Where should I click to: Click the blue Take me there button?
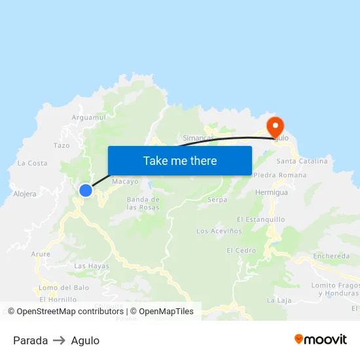pos(179,160)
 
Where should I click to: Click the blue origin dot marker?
pos(86,190)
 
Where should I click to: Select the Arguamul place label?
pos(88,118)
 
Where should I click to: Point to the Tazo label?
pos(62,145)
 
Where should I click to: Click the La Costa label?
pos(32,163)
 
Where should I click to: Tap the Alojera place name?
pos(25,194)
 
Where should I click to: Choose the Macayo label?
pos(125,181)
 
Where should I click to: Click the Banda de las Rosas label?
pos(143,203)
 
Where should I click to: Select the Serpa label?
pos(217,200)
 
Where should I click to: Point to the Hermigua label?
pos(272,192)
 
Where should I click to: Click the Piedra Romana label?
pos(279,175)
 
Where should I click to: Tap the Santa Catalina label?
pos(302,161)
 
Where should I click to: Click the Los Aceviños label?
pos(219,231)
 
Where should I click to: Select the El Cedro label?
pos(241,251)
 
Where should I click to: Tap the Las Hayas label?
pos(92,266)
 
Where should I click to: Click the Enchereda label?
pos(331,256)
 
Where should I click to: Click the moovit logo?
pos(320,340)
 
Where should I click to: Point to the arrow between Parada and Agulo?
pos(60,340)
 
